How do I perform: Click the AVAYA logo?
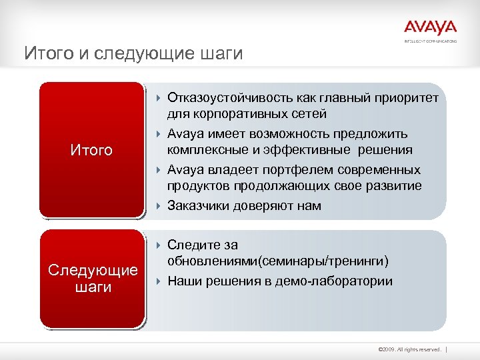pyautogui.click(x=430, y=29)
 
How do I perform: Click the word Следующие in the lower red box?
pyautogui.click(x=93, y=270)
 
